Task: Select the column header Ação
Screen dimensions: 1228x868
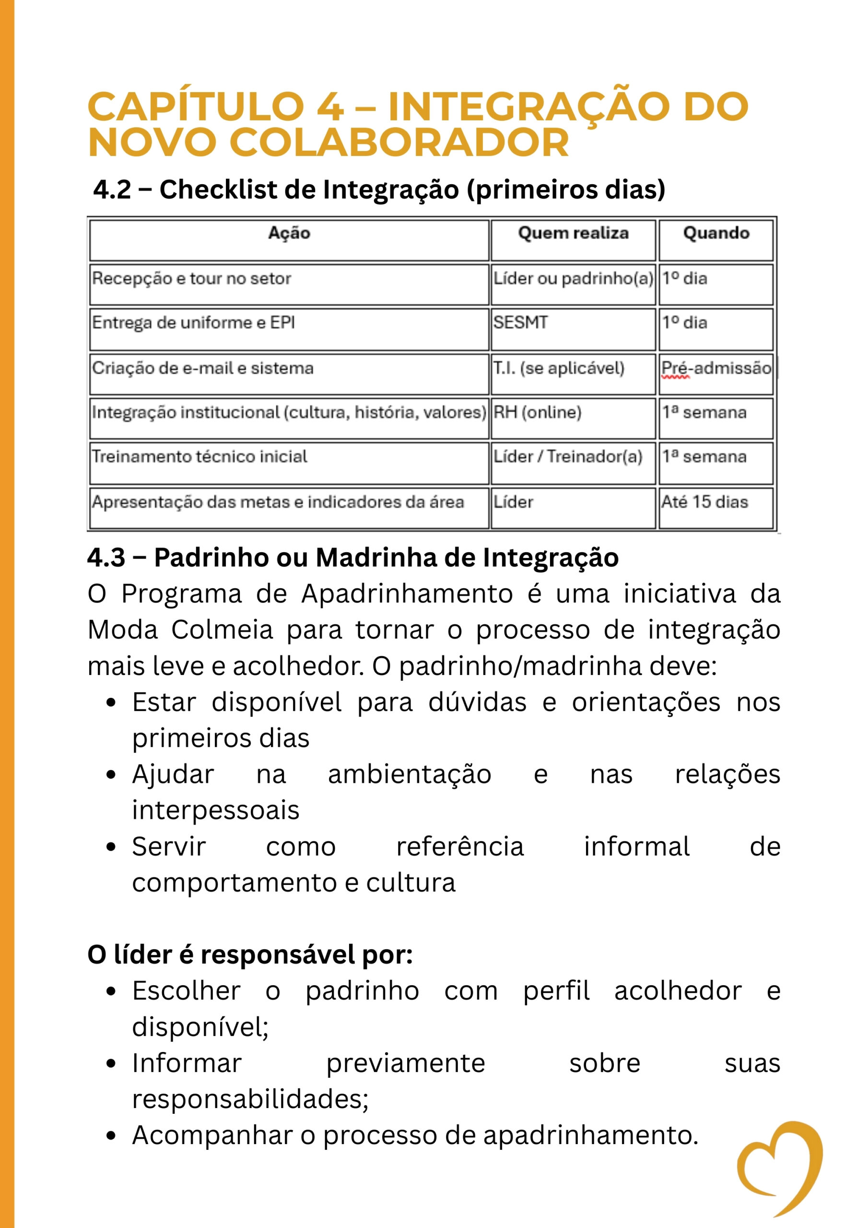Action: pos(289,233)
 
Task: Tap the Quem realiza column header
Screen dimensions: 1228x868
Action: pos(573,233)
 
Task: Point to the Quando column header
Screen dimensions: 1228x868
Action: pos(716,233)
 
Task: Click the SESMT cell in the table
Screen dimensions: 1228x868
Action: pos(520,322)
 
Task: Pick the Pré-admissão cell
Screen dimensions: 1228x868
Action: pos(716,368)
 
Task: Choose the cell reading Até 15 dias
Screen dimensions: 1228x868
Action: pos(704,502)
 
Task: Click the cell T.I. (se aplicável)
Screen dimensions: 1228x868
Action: pos(558,368)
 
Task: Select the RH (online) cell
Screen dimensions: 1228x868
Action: pos(537,413)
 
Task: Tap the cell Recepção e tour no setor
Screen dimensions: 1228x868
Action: pos(191,279)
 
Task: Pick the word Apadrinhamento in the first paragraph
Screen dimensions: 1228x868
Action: pos(407,594)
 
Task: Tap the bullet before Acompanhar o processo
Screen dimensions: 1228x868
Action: pos(111,1136)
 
